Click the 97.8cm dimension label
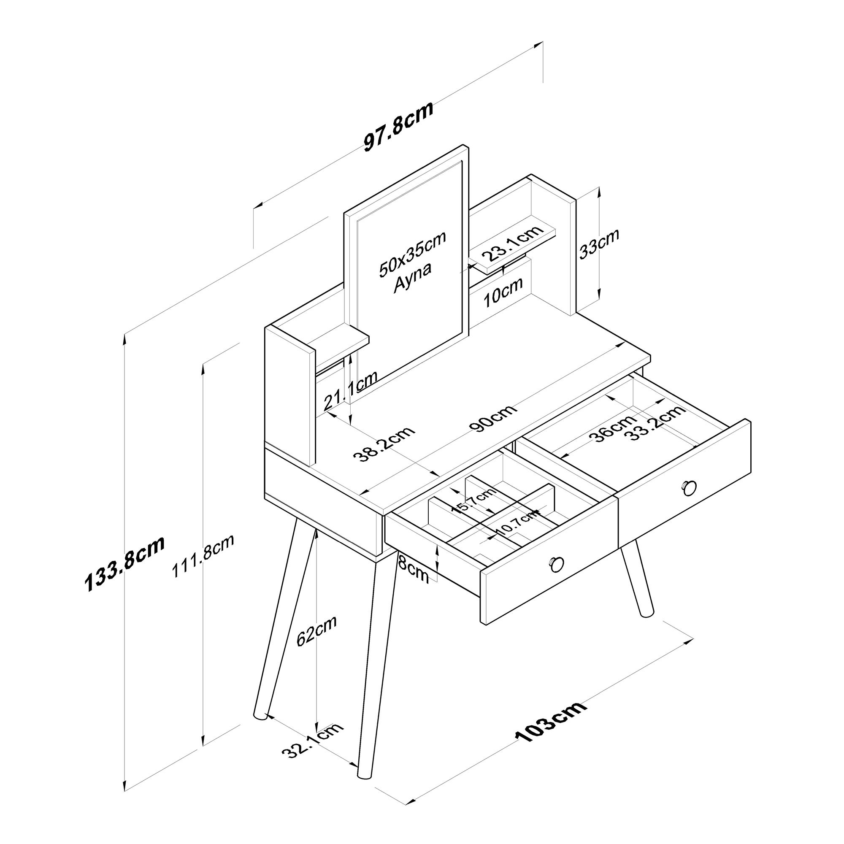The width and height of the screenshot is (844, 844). (x=398, y=127)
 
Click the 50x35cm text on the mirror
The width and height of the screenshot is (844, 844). (x=411, y=254)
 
